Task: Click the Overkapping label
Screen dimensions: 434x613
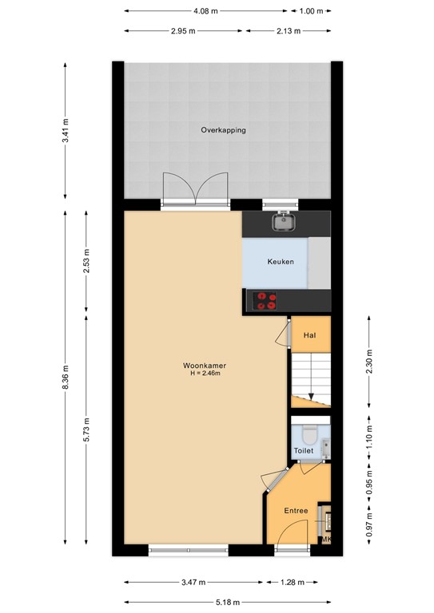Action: tap(223, 130)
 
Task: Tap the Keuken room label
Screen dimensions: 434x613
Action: tap(281, 262)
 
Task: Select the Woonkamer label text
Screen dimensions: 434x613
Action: tap(205, 366)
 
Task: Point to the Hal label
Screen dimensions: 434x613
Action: tap(309, 335)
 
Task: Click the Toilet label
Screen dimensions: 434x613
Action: tap(303, 451)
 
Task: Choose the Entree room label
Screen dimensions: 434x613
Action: tap(296, 511)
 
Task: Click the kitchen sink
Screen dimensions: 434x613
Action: tap(283, 222)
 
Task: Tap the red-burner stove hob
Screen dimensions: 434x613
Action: tap(265, 301)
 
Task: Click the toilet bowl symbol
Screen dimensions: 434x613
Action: tap(310, 436)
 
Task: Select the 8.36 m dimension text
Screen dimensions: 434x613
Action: tap(66, 377)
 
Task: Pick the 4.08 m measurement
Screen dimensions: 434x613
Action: tap(205, 11)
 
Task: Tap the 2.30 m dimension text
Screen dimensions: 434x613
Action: tap(369, 362)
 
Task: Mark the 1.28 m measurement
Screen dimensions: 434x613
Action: tap(293, 583)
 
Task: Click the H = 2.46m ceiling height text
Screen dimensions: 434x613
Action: tap(205, 374)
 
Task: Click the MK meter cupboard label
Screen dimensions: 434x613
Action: tap(326, 540)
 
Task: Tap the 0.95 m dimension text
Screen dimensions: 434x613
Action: tap(369, 483)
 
